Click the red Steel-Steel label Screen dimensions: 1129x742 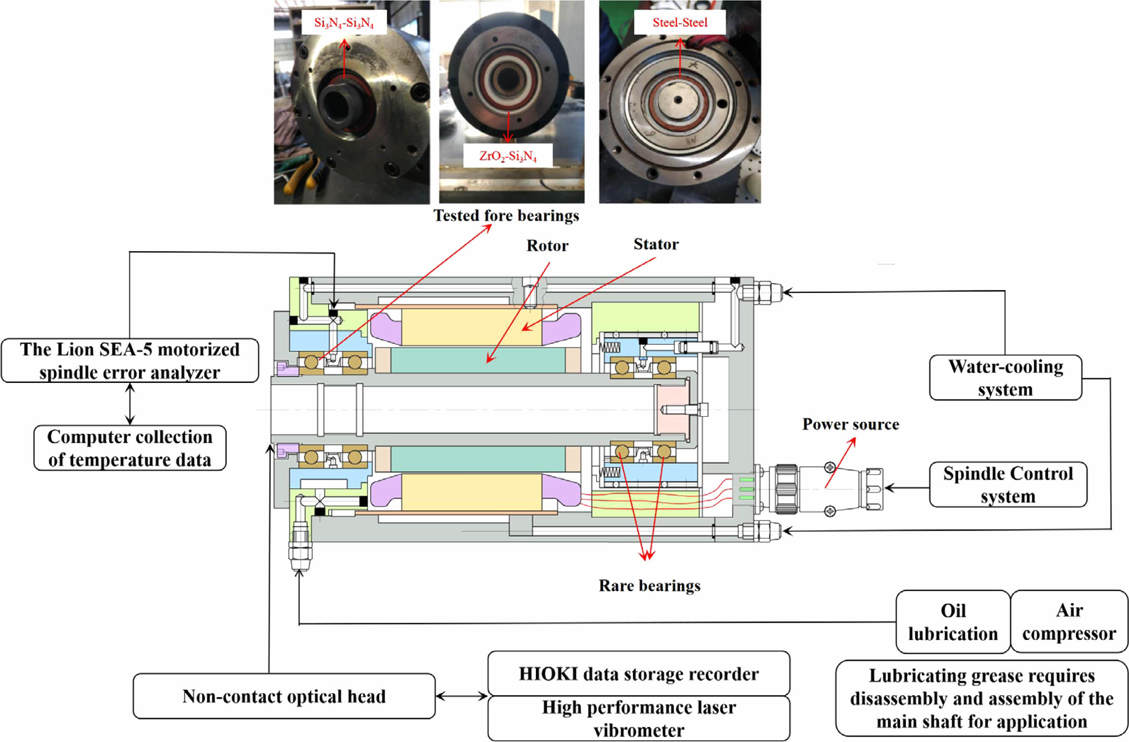click(680, 22)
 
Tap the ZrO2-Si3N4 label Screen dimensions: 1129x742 click(508, 156)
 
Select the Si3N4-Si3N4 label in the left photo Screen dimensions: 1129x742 click(344, 23)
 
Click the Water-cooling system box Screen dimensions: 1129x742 click(1006, 378)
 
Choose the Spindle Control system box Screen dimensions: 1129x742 click(1008, 485)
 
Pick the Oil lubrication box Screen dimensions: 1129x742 click(953, 621)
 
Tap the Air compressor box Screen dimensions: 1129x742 click(1069, 621)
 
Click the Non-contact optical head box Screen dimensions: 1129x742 click(284, 696)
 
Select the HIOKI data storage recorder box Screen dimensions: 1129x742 click(638, 674)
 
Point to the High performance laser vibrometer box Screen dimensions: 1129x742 click(638, 718)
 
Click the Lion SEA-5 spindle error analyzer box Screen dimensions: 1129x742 click(130, 360)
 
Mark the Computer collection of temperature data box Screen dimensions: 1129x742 click(130, 448)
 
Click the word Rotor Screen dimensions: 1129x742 click(547, 246)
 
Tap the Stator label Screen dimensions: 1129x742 click(656, 244)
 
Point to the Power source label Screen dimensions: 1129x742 click(851, 424)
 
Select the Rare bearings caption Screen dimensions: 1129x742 click(649, 585)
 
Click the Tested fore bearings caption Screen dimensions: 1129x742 click(506, 216)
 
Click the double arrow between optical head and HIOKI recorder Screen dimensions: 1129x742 click(462, 696)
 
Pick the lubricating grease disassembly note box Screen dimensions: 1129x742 click(982, 698)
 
